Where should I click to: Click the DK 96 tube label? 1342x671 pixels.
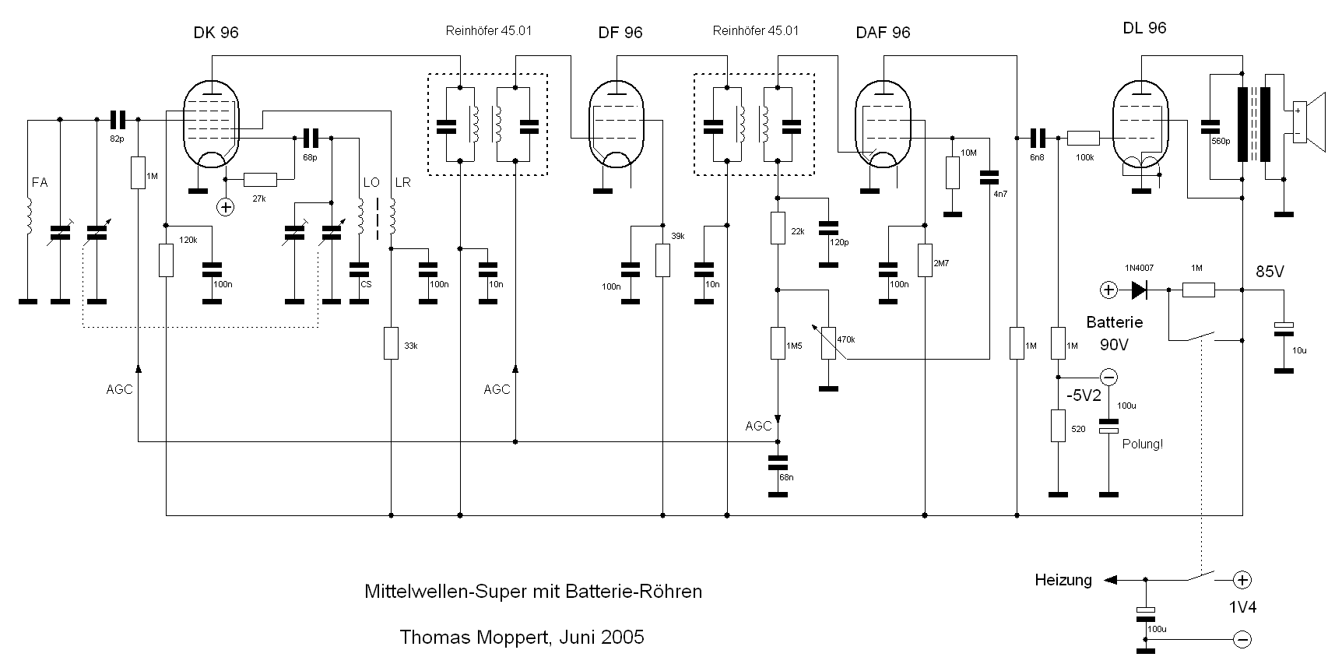coord(216,33)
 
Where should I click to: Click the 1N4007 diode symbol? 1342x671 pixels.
coord(1140,290)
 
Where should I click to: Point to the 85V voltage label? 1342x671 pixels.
coord(1270,272)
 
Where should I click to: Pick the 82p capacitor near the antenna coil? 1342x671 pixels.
coord(118,120)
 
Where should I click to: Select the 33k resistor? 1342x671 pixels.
coord(391,343)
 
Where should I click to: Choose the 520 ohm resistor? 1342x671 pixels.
coord(1058,426)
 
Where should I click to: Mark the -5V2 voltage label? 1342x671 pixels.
coord(1084,395)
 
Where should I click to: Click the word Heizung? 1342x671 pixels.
coord(1063,580)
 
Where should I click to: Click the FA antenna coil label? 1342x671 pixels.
coord(40,182)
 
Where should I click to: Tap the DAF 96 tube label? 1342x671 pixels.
coord(882,33)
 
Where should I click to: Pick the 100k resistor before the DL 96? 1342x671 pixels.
coord(1083,139)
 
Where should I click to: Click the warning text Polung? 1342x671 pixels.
coord(1142,444)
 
